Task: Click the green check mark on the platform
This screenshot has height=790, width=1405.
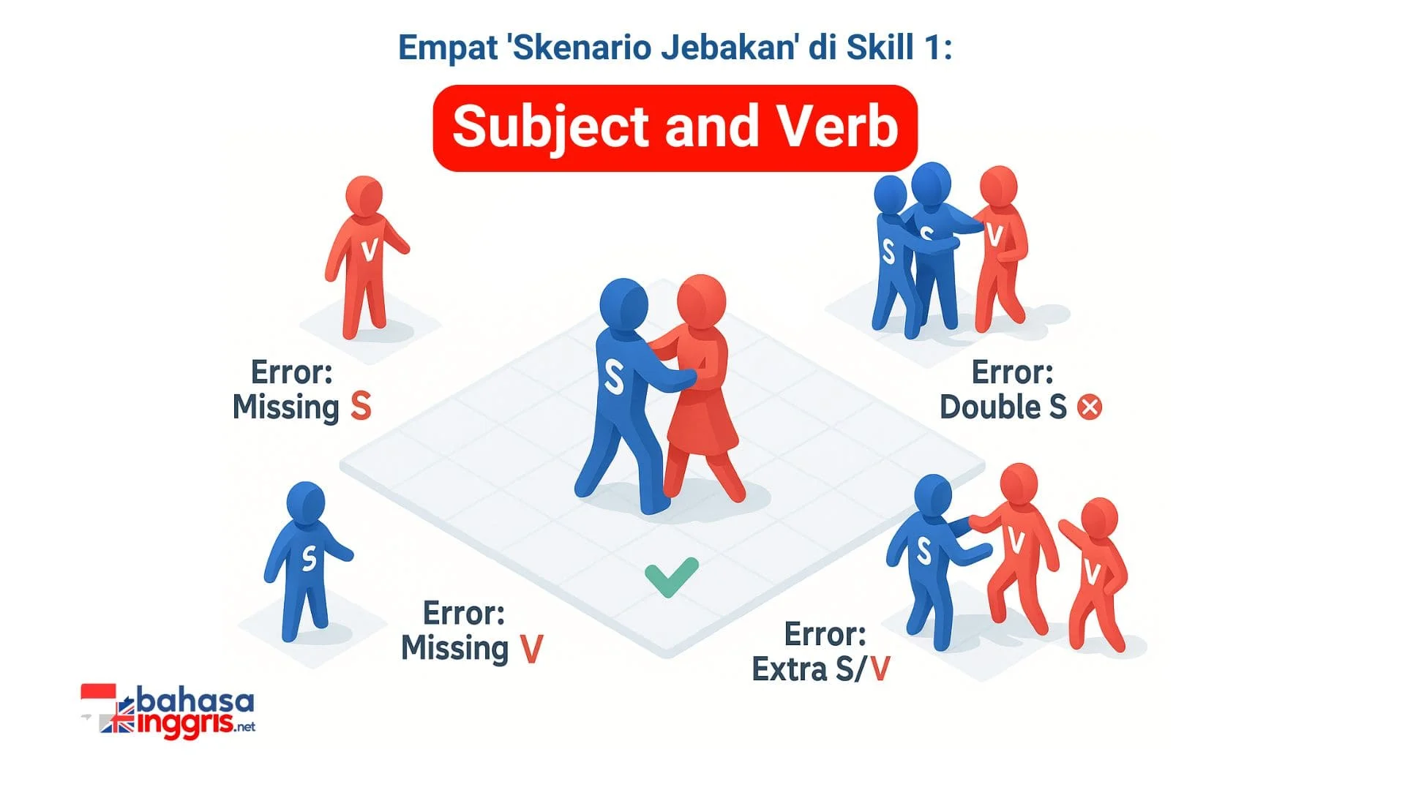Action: tap(671, 576)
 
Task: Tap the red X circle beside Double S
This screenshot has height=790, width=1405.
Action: tap(1090, 407)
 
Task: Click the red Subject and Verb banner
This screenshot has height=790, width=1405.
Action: tap(675, 128)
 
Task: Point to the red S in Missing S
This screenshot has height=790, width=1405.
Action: tap(361, 406)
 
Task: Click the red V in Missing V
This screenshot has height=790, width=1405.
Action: tap(531, 648)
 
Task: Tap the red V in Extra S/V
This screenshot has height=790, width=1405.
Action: tap(880, 669)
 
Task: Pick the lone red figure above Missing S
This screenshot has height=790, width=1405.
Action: tap(365, 257)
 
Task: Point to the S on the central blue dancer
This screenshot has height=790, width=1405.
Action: tap(613, 377)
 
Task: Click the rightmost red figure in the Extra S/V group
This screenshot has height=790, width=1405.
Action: tap(1095, 574)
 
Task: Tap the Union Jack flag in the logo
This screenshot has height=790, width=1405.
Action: tap(117, 721)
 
